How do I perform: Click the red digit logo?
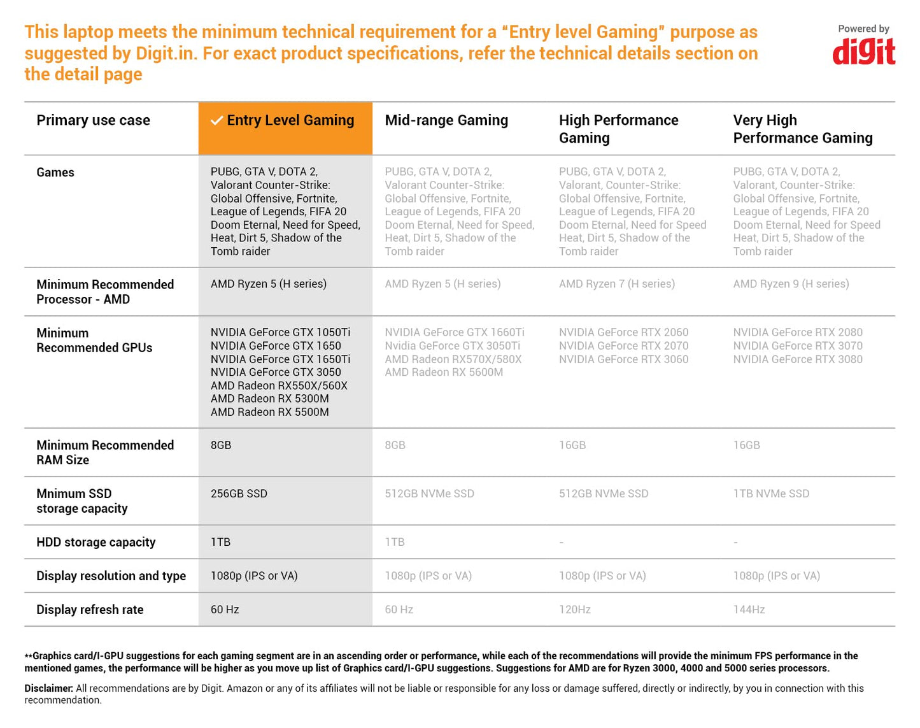(x=863, y=52)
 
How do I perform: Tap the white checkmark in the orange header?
(x=216, y=120)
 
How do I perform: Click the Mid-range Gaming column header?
(x=446, y=120)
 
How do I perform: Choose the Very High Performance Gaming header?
(x=802, y=129)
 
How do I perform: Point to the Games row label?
(x=55, y=173)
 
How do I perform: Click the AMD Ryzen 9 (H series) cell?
(x=791, y=284)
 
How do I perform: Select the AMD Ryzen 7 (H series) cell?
(x=616, y=284)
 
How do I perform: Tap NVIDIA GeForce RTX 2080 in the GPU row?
(x=797, y=332)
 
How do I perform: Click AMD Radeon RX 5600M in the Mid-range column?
(x=443, y=372)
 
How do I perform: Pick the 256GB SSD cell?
(x=239, y=494)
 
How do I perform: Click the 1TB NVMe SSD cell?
(x=771, y=494)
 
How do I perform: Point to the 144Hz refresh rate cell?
(x=749, y=610)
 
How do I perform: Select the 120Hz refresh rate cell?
(x=574, y=610)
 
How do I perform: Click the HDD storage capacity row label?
(x=96, y=542)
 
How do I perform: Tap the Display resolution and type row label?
(x=111, y=576)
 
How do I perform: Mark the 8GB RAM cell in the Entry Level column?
(x=221, y=445)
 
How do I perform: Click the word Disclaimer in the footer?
(x=48, y=688)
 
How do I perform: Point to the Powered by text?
(x=863, y=29)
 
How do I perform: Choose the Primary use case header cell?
(x=93, y=120)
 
